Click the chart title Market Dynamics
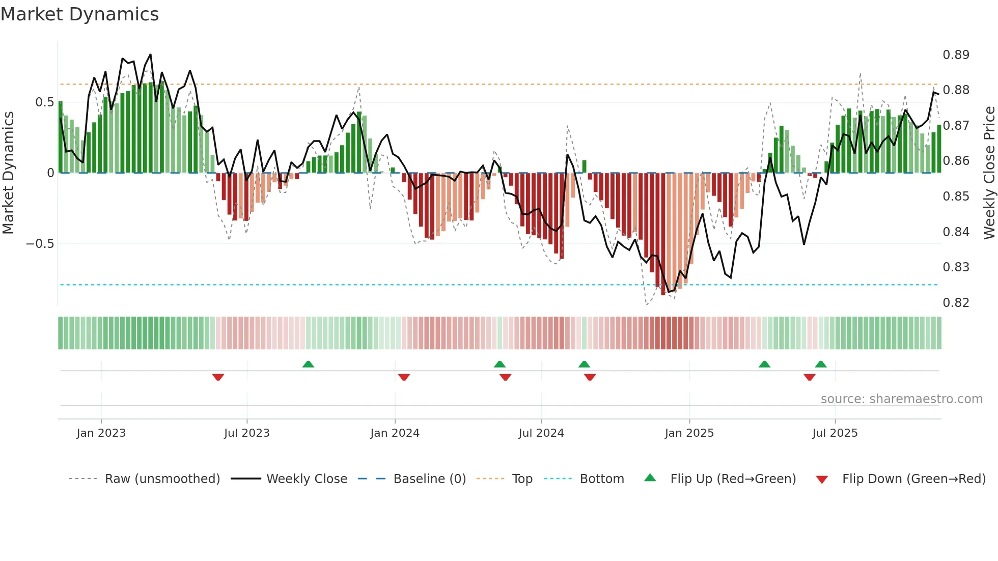[80, 14]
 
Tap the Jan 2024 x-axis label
[395, 433]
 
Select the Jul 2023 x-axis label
[246, 433]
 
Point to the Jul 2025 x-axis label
[835, 433]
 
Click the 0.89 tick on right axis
[956, 55]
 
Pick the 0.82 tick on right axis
[956, 303]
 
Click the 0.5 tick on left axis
[44, 102]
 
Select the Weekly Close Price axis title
[989, 173]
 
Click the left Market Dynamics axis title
[8, 173]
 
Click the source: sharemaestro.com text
[901, 399]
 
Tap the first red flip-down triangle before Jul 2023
[218, 377]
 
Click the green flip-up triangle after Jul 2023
[308, 364]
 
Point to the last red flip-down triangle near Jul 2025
[810, 377]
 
